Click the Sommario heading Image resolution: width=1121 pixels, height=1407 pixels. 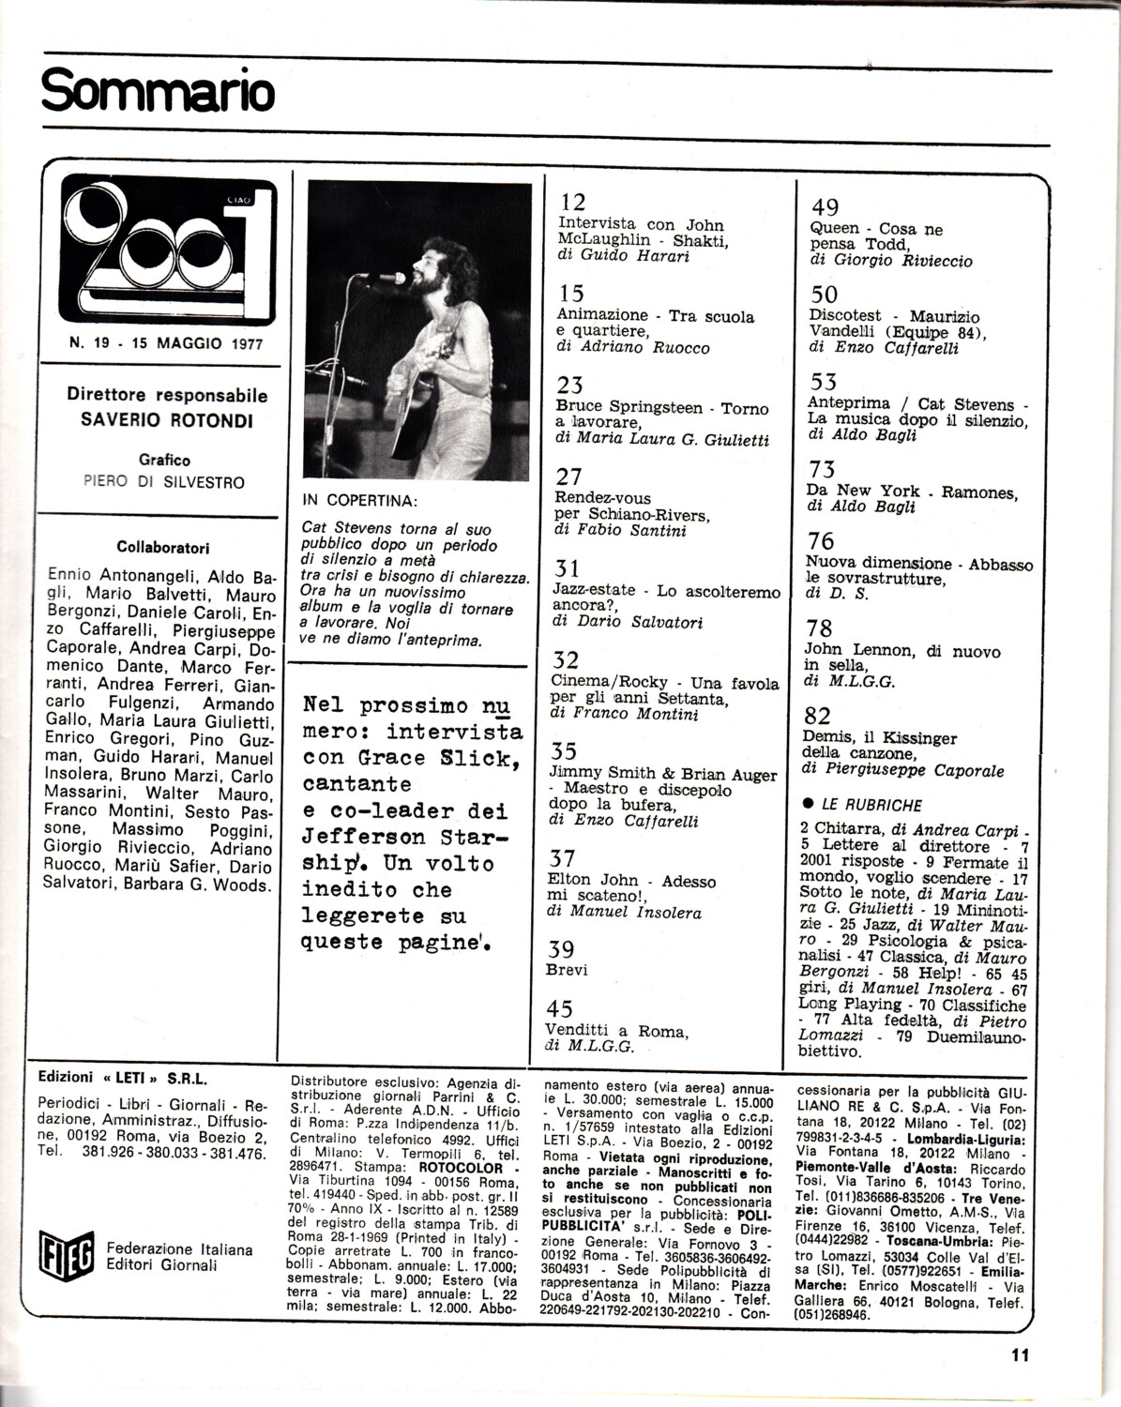(x=159, y=92)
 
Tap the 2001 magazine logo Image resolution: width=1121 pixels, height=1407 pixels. (x=168, y=250)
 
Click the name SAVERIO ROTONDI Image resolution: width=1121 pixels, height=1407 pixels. (x=167, y=419)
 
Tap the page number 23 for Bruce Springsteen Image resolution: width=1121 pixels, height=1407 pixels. (x=569, y=385)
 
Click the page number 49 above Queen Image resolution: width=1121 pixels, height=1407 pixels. (x=825, y=207)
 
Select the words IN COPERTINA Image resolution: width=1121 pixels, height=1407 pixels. (x=360, y=500)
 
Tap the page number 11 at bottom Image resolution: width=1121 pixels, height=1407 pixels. (x=1021, y=1354)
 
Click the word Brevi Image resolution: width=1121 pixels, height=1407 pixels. (x=567, y=970)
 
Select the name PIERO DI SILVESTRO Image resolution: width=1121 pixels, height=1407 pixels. (x=164, y=482)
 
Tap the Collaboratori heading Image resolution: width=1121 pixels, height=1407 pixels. (x=163, y=547)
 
